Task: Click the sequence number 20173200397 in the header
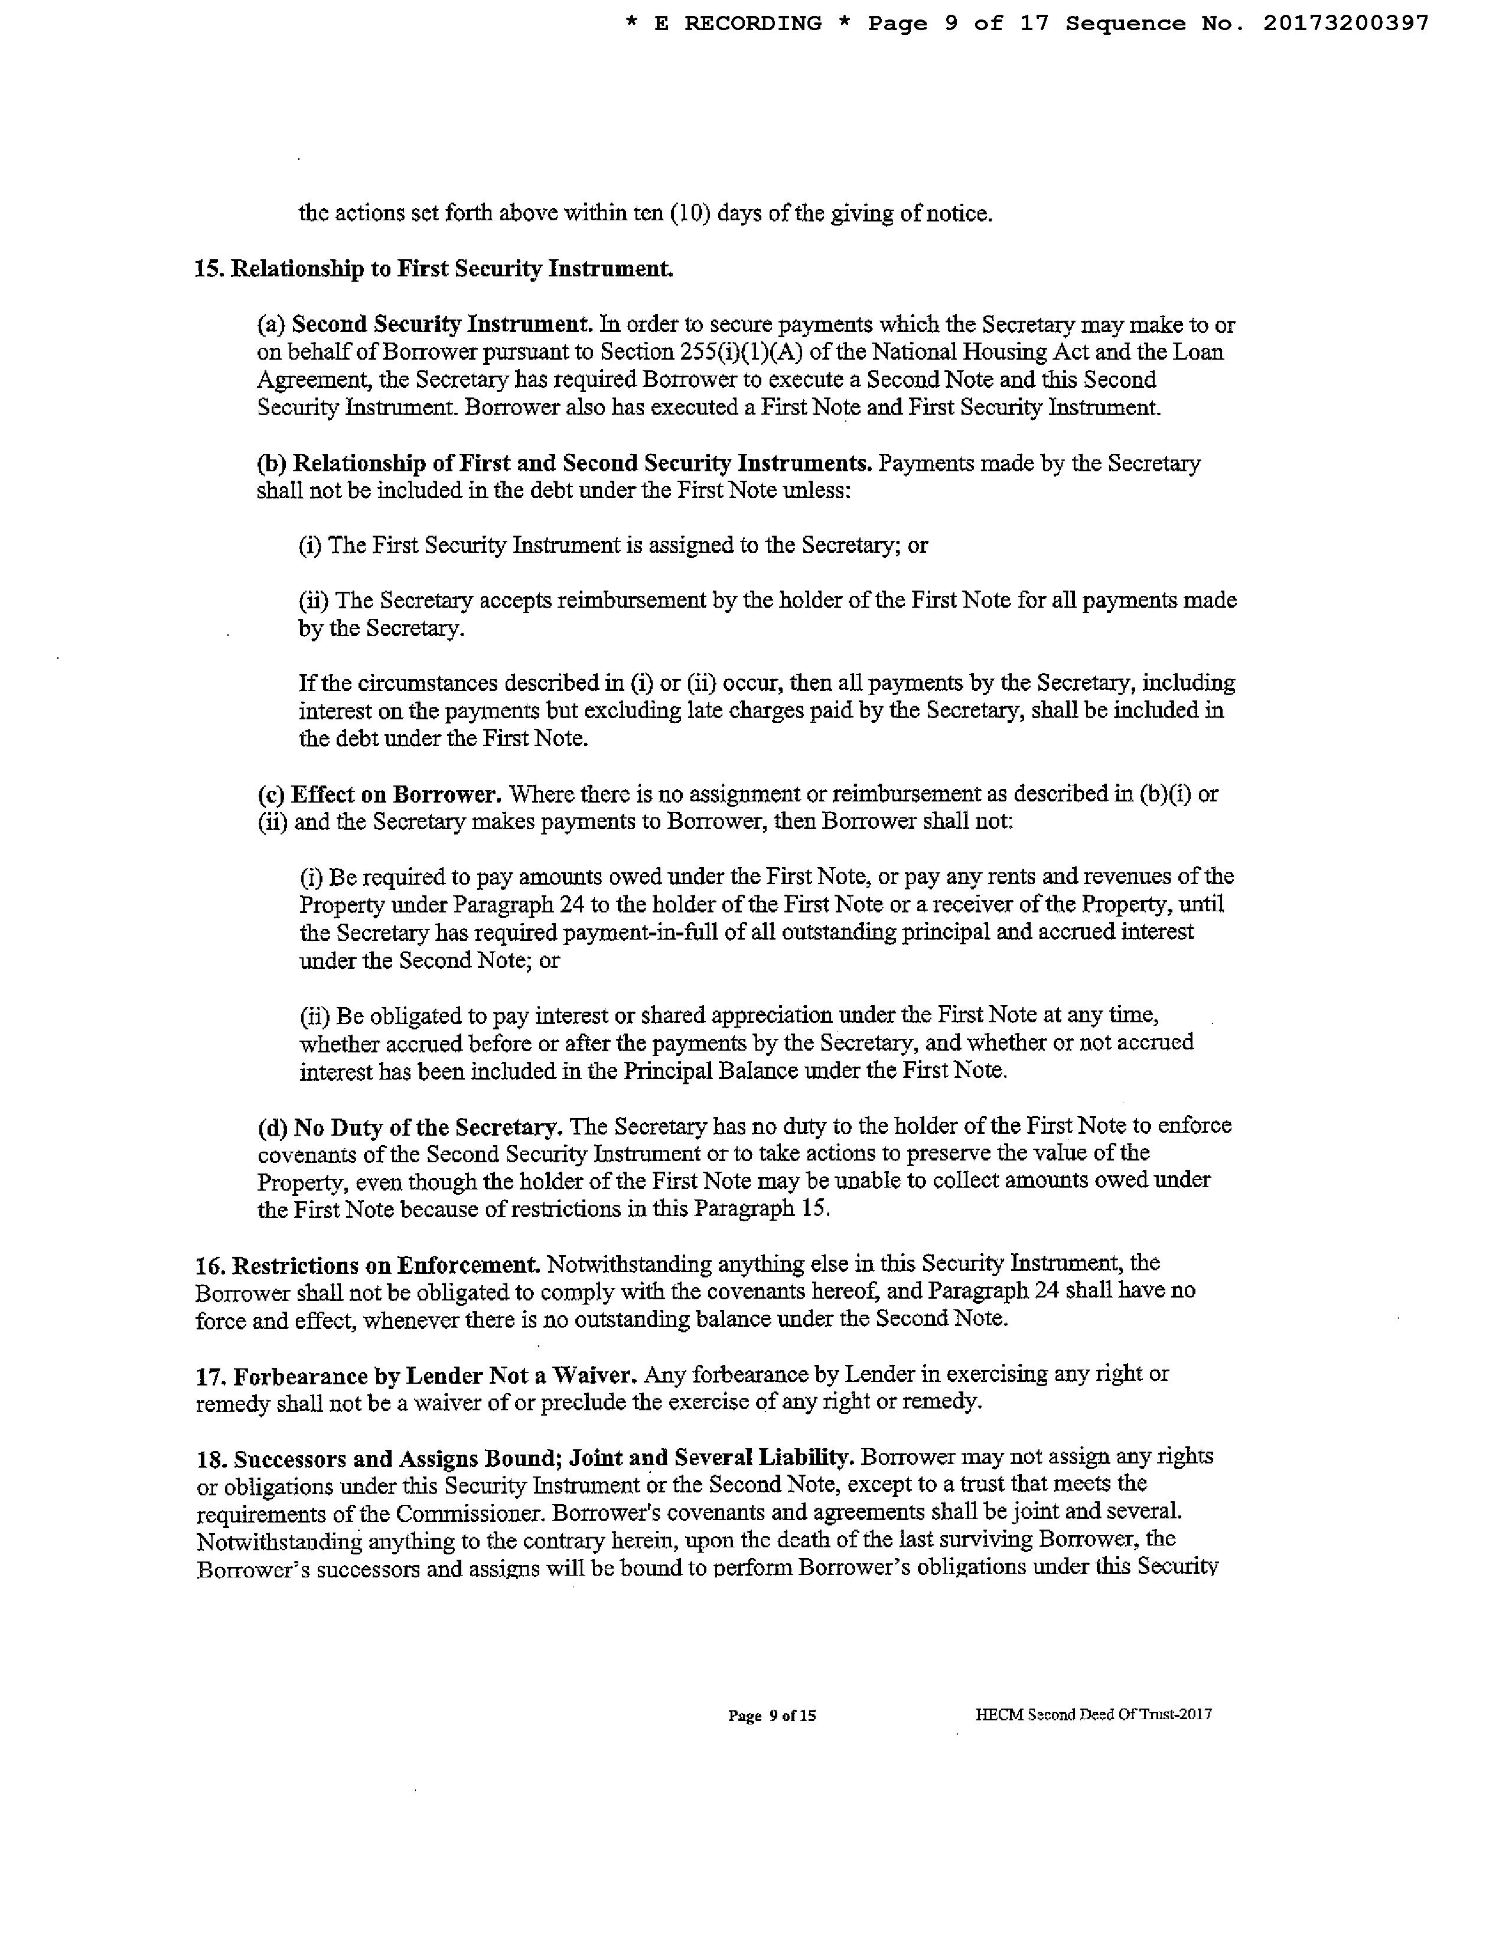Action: (1345, 24)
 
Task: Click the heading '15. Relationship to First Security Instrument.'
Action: (434, 269)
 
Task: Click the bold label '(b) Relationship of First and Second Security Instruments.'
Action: (564, 463)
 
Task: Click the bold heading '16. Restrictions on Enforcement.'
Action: (368, 1264)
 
